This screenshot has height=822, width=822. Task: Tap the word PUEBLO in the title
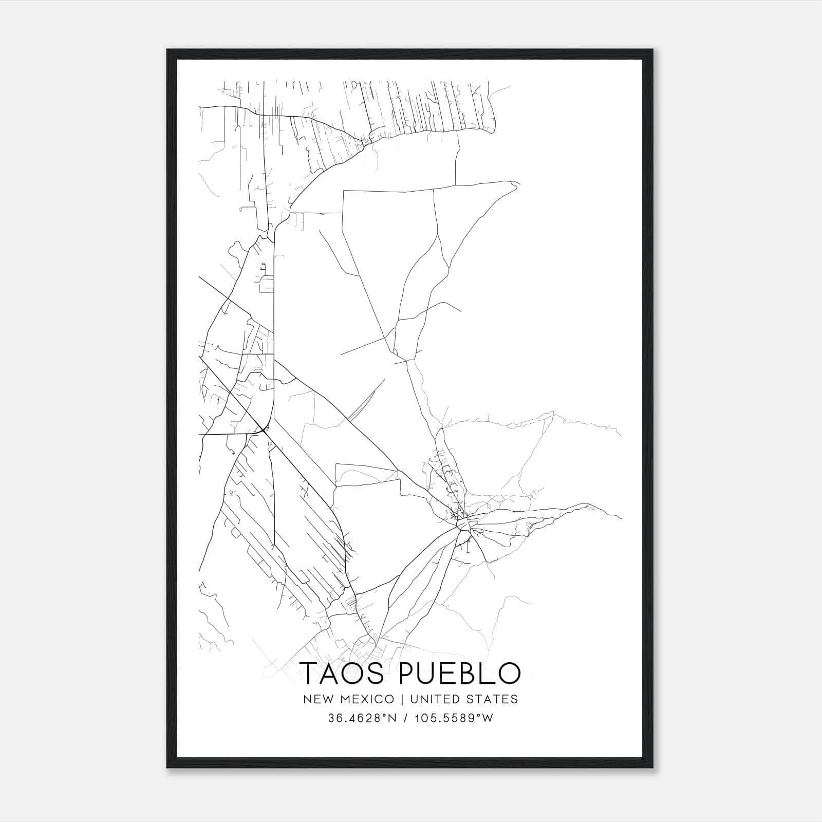[460, 673]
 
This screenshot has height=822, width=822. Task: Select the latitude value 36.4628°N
[362, 718]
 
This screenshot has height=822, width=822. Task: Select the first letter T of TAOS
[309, 673]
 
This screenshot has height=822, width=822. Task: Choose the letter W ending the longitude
[488, 718]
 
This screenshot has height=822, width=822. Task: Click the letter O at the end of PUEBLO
[509, 673]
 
